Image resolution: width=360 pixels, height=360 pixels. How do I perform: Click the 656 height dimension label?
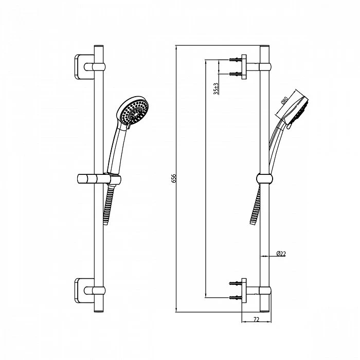tap(174, 178)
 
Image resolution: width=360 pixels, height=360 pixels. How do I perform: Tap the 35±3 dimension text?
tap(216, 89)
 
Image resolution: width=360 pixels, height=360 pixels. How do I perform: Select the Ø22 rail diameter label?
tap(281, 254)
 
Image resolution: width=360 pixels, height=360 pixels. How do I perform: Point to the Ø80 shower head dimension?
tap(284, 100)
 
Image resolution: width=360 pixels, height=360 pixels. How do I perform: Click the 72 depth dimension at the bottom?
tap(256, 319)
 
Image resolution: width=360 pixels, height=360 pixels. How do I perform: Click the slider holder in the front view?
tap(99, 178)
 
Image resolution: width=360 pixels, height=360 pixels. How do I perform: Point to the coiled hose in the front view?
tap(109, 204)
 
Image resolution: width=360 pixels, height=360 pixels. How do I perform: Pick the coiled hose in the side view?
tap(255, 205)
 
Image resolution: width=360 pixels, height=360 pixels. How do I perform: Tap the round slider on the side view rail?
tap(264, 178)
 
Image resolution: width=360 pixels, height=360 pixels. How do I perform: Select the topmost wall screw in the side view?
tap(236, 60)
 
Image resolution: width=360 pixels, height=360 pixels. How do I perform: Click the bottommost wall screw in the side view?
tap(236, 298)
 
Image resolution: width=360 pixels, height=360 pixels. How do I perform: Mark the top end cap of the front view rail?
tap(99, 47)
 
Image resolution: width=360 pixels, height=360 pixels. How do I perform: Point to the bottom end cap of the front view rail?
tap(99, 311)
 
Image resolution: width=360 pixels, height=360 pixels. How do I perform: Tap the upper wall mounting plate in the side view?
tap(244, 67)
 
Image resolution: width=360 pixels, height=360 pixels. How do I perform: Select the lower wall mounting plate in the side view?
tap(244, 291)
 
